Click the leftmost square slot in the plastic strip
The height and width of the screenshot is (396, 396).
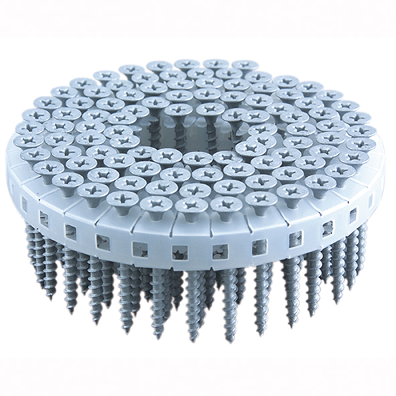tap(23, 200)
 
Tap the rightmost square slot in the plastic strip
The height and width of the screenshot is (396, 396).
tap(371, 201)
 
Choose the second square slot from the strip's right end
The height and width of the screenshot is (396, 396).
tap(352, 216)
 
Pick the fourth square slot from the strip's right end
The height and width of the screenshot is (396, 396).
tap(295, 240)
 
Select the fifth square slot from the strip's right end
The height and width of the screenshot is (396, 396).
tap(259, 247)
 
